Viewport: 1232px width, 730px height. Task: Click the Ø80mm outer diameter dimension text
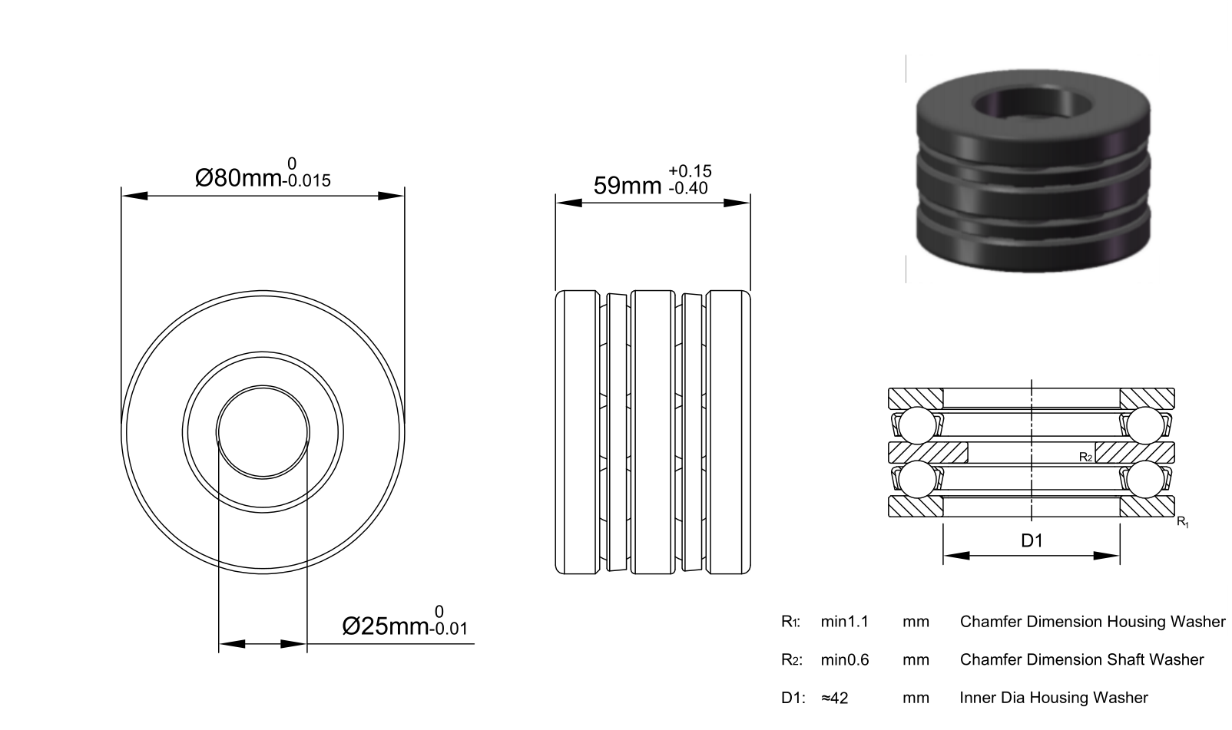pyautogui.click(x=238, y=178)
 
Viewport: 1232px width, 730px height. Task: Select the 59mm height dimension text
pyautogui.click(x=628, y=186)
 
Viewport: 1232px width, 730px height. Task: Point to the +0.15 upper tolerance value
pyautogui.click(x=691, y=171)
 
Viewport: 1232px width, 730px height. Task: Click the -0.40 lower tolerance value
pyautogui.click(x=688, y=188)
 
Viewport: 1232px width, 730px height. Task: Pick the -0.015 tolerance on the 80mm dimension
pyautogui.click(x=306, y=180)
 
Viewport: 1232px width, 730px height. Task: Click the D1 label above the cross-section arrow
pyautogui.click(x=1032, y=541)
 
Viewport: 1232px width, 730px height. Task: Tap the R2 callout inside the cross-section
pyautogui.click(x=1086, y=457)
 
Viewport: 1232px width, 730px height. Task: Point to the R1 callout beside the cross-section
pyautogui.click(x=1183, y=522)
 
